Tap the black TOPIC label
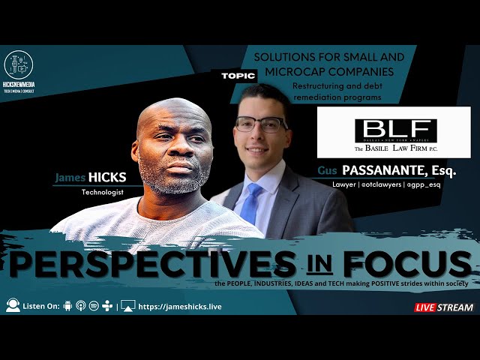pos(238,76)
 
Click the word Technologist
pos(101,192)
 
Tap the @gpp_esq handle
pos(424,184)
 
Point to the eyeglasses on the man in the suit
pos(262,124)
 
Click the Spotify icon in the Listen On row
pos(94,306)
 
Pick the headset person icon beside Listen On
pos(13,306)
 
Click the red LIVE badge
pos(427,307)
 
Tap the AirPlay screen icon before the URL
pos(128,306)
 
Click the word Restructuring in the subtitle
pos(299,85)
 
